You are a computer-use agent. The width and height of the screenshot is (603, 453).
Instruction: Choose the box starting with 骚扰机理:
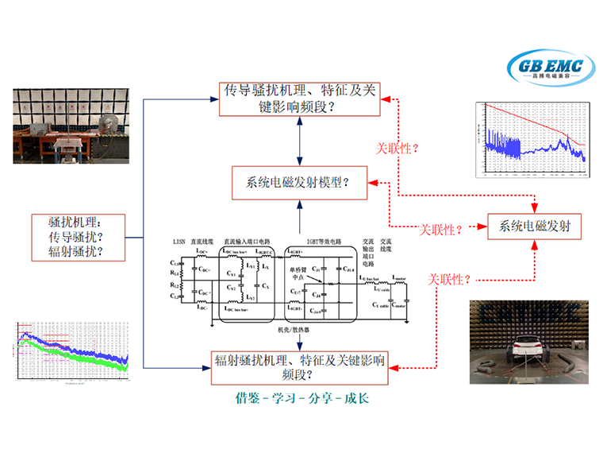[68, 237]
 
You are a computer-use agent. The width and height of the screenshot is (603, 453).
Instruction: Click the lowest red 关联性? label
[451, 279]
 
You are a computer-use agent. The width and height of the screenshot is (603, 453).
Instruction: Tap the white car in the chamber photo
[530, 350]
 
